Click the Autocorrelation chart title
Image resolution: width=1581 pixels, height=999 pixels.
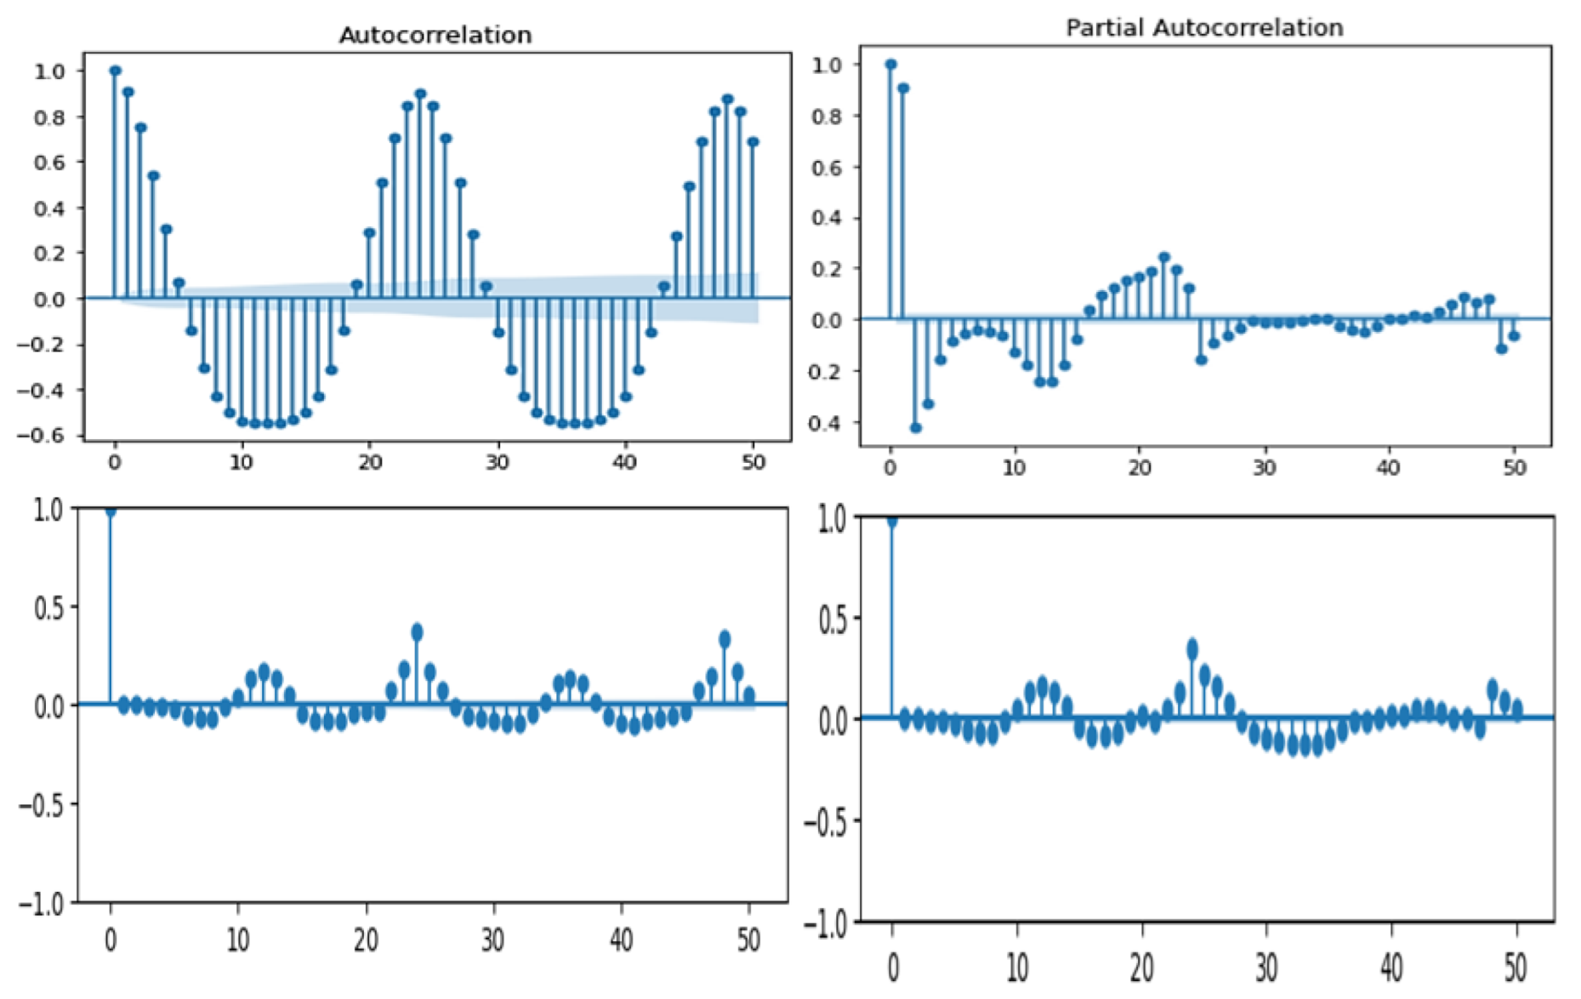(435, 35)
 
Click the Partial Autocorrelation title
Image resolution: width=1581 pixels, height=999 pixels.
(1203, 28)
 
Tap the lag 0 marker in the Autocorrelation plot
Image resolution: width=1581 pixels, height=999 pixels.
(115, 71)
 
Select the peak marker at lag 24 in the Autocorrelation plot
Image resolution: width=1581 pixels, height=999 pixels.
(420, 94)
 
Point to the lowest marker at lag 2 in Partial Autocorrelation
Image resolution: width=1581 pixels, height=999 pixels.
(916, 428)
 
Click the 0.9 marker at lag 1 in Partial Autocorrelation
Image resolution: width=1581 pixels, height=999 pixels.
(903, 88)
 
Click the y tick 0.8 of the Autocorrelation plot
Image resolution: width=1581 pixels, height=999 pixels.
(48, 117)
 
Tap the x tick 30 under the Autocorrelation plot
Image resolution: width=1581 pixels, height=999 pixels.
(497, 463)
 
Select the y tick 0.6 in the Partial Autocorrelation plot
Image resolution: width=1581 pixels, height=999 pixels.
(826, 168)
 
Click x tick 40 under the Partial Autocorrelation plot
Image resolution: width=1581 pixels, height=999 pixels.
(1388, 468)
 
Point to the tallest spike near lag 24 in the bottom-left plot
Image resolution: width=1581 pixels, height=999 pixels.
(417, 632)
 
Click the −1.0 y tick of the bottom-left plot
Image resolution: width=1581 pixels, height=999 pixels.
(41, 904)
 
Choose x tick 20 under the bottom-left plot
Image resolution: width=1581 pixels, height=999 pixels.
(366, 940)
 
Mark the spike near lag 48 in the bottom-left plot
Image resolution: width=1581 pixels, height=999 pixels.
(725, 639)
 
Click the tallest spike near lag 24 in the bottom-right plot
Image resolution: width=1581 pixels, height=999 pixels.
(1191, 649)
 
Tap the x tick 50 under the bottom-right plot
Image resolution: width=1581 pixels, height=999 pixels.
(1516, 968)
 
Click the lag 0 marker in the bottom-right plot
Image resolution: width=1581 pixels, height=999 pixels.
(891, 522)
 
